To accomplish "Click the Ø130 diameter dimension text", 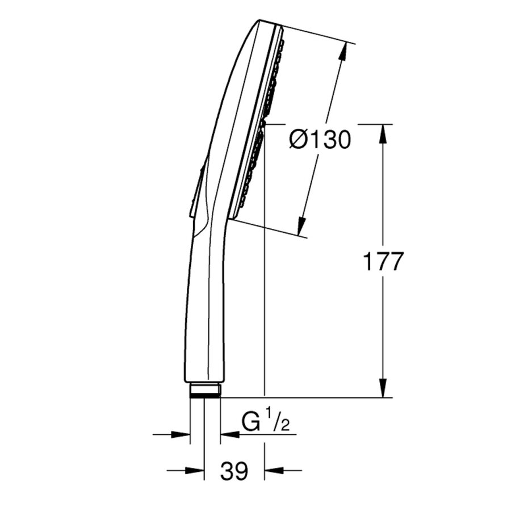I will [320, 139].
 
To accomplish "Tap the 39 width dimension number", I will [234, 471].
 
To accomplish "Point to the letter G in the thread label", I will [252, 424].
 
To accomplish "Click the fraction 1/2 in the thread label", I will [279, 424].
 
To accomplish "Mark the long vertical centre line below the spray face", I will [265, 312].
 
